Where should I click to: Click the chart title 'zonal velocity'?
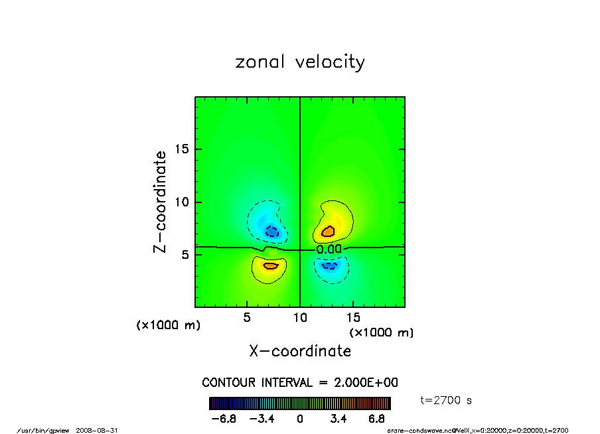click(x=300, y=62)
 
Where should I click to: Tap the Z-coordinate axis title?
click(x=160, y=202)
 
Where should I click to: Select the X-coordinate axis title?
click(x=300, y=351)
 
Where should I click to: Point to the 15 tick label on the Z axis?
click(x=182, y=149)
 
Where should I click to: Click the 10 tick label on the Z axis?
click(x=182, y=202)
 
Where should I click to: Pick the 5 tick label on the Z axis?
click(x=185, y=255)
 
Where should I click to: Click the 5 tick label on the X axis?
click(x=247, y=318)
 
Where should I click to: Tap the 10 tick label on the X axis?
click(x=300, y=318)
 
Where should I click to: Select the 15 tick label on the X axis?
click(x=353, y=318)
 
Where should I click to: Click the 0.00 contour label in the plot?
click(x=329, y=249)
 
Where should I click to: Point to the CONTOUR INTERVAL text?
click(x=300, y=383)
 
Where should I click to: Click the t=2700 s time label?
click(x=447, y=400)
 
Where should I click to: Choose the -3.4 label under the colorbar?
click(x=262, y=419)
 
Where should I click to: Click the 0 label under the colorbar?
click(x=300, y=419)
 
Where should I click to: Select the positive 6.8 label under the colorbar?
click(x=377, y=419)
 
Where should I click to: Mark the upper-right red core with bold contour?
click(x=328, y=231)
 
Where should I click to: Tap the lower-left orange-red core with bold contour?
click(x=270, y=265)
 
